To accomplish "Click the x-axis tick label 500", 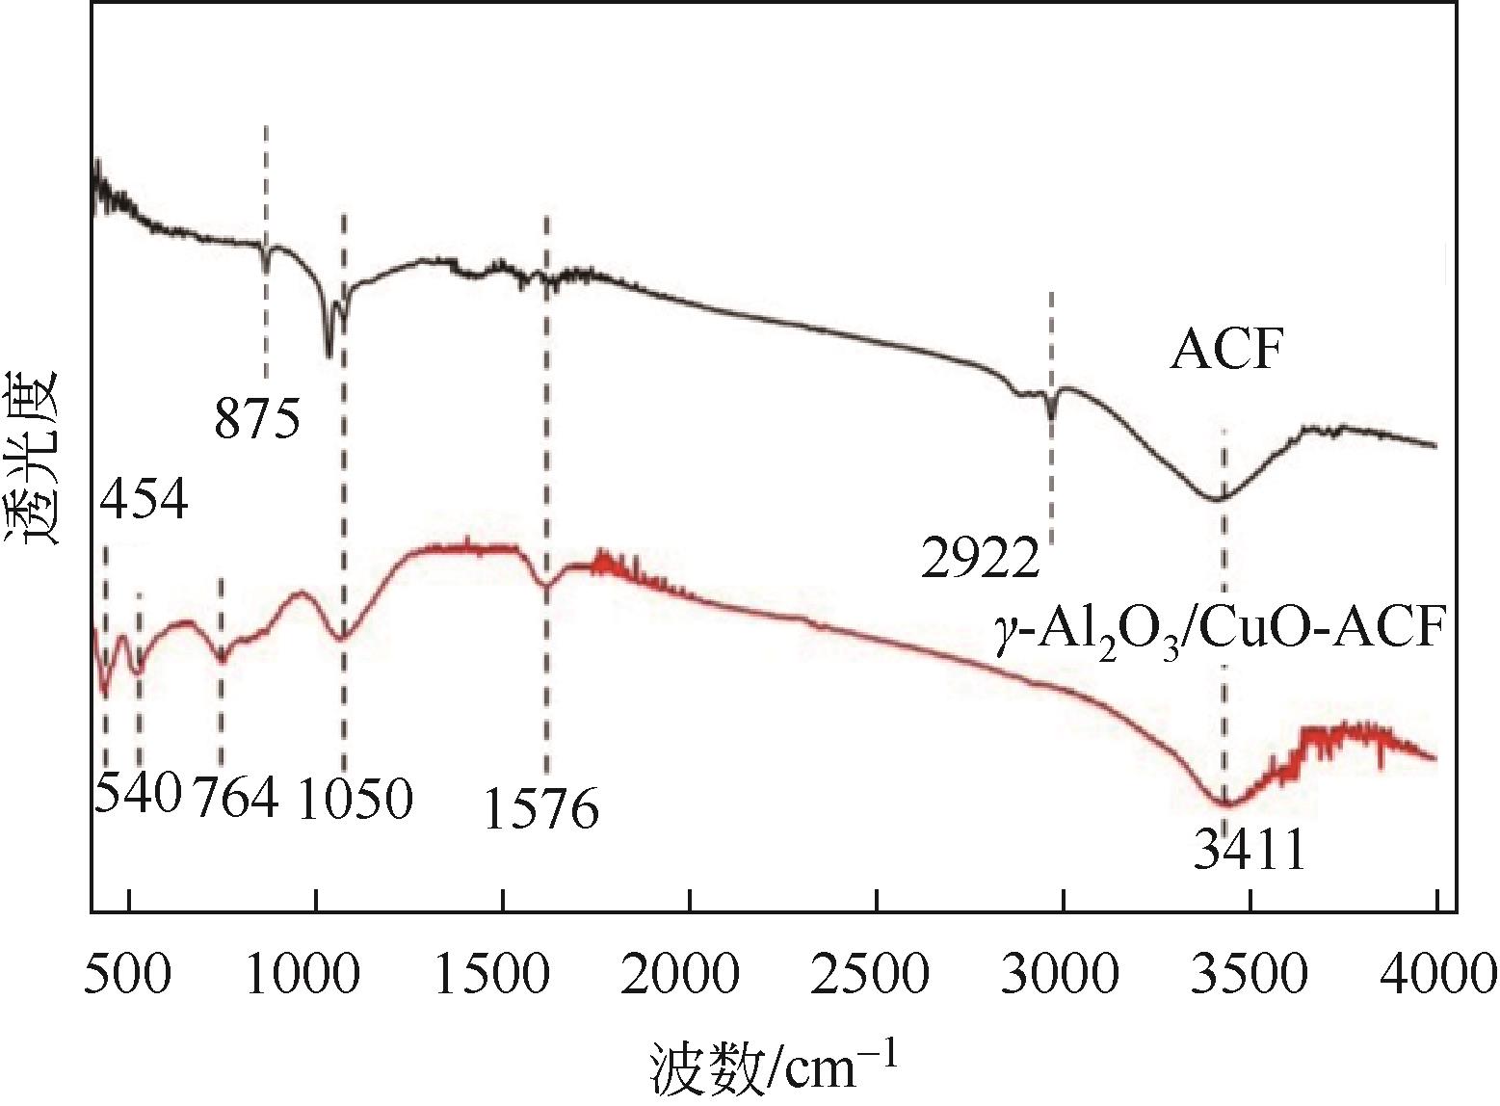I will point(129,975).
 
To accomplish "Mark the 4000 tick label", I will point(1434,975).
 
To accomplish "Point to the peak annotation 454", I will point(144,498).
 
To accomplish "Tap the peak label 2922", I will point(981,558).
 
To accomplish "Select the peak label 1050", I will point(355,797).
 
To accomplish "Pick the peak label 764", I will point(237,797).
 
